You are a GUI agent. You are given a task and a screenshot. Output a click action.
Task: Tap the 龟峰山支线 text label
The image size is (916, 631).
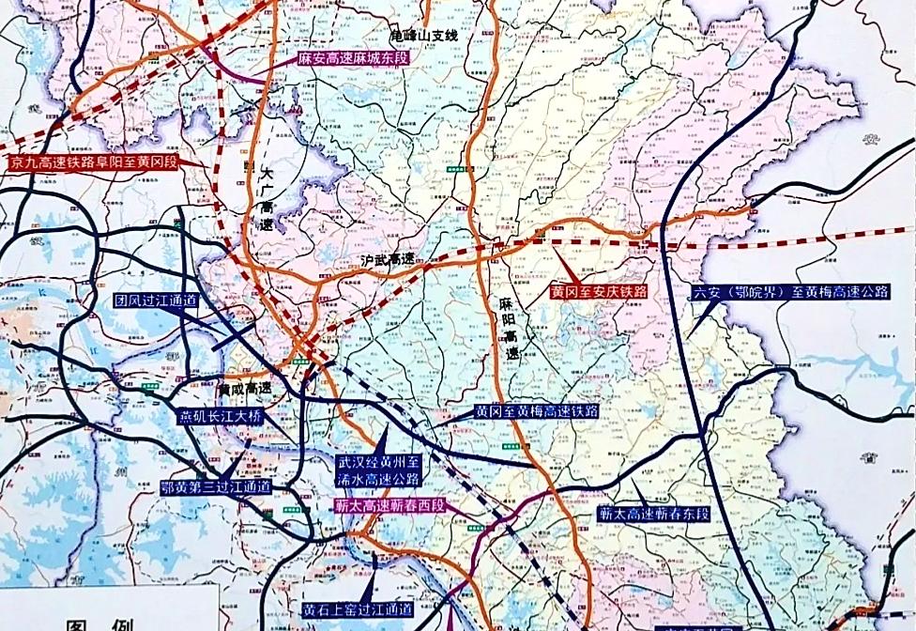423,36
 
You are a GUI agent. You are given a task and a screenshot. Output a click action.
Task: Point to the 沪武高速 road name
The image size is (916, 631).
388,260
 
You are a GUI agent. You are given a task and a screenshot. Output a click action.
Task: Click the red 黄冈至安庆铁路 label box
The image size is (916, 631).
599,292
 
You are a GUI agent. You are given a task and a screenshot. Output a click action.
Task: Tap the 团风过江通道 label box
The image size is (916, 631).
157,301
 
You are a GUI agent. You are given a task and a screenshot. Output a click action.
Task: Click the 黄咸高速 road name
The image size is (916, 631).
244,387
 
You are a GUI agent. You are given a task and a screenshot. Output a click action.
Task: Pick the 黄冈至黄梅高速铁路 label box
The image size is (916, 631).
536,411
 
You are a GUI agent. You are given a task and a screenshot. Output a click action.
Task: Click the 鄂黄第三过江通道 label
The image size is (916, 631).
216,487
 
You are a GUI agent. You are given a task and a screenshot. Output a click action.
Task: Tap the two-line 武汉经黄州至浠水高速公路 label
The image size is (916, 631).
381,470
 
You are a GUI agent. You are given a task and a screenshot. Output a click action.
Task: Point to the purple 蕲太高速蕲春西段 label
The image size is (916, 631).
391,505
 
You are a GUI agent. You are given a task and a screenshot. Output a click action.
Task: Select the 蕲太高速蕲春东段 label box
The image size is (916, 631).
654,515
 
